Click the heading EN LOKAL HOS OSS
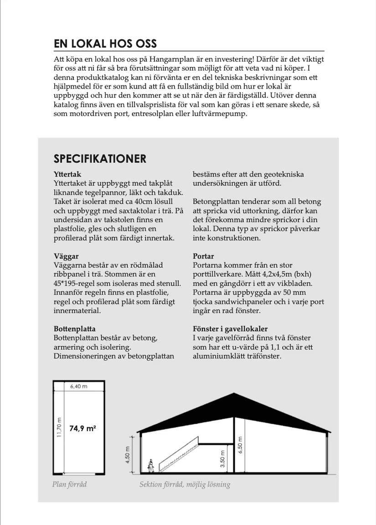pyautogui.click(x=105, y=43)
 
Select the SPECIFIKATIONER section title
pyautogui.click(x=100, y=159)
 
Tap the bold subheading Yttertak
pyautogui.click(x=67, y=174)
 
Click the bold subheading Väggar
pyautogui.click(x=66, y=256)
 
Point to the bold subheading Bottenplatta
pyautogui.click(x=75, y=329)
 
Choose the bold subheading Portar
pyautogui.click(x=203, y=256)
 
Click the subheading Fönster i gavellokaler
pyautogui.click(x=230, y=329)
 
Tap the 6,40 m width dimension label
pyautogui.click(x=78, y=386)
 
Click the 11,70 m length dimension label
pyautogui.click(x=59, y=428)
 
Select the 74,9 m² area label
pyautogui.click(x=82, y=428)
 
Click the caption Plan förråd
pyautogui.click(x=69, y=484)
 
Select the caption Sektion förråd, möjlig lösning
pyautogui.click(x=185, y=484)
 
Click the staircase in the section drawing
pyautogui.click(x=178, y=454)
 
